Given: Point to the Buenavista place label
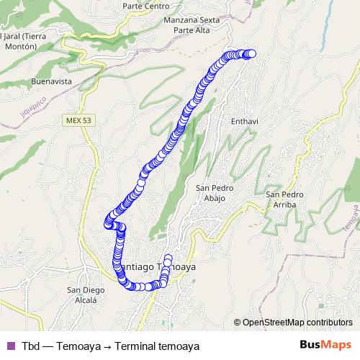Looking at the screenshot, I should click(51, 82).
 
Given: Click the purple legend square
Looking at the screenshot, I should click(10, 346).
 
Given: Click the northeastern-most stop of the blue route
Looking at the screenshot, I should click(251, 53).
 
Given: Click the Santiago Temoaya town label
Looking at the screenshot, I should click(154, 266).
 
